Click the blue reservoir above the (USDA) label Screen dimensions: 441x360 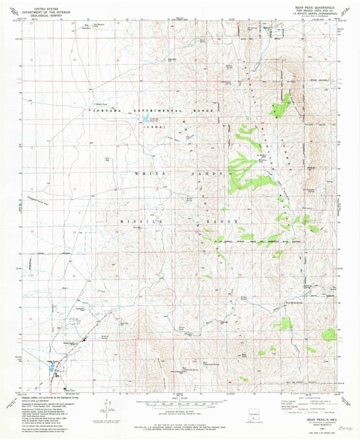click(145, 120)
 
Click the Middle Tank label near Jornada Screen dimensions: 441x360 click(101, 104)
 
